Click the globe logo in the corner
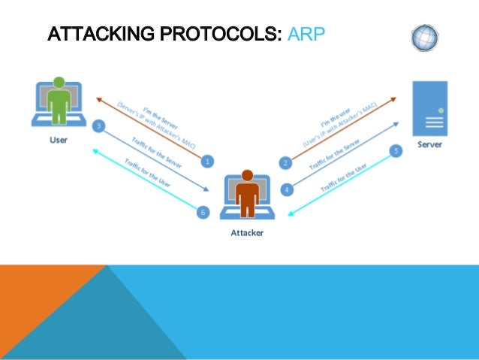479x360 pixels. click(426, 37)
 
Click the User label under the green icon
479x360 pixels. click(58, 140)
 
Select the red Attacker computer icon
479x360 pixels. click(247, 197)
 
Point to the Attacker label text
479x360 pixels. click(247, 233)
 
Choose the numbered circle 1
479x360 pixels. click(207, 160)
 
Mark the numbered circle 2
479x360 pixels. click(285, 162)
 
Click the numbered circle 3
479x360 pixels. click(98, 126)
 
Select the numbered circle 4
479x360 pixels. click(286, 189)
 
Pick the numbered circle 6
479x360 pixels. click(201, 213)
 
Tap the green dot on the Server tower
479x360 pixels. click(441, 111)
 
